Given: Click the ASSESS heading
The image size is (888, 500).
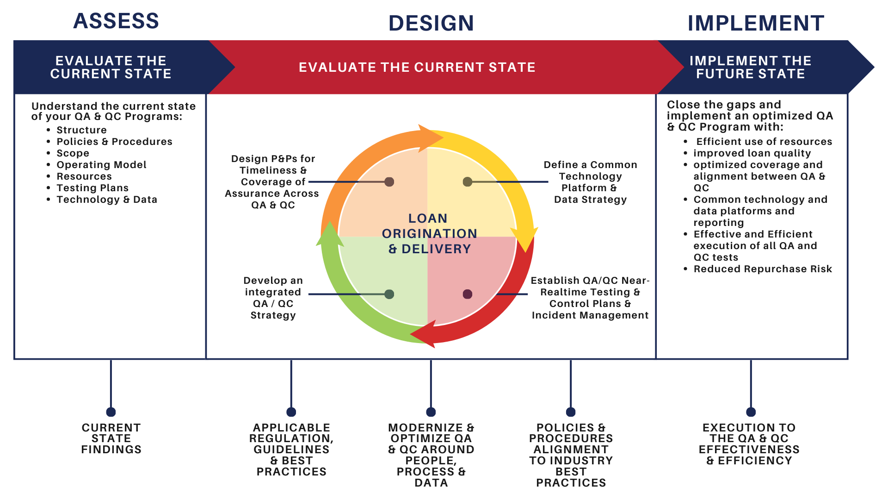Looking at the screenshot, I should [116, 21].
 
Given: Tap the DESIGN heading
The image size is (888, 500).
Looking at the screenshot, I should [431, 23].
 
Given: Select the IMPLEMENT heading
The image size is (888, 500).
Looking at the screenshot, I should [756, 23].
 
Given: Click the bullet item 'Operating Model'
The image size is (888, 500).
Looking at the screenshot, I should [101, 165].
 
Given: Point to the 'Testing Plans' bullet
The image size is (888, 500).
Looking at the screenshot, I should [92, 188].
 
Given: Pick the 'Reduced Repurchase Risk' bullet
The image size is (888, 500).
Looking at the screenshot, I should [763, 269].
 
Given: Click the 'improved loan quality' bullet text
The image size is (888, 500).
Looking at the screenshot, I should [752, 153].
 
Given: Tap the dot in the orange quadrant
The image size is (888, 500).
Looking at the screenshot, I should [389, 182].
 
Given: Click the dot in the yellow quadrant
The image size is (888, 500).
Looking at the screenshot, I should [468, 182].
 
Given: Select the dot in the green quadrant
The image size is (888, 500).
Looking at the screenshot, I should [389, 294].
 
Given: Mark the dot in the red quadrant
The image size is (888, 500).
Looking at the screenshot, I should [468, 294].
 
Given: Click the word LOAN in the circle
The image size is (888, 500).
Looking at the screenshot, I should [428, 219].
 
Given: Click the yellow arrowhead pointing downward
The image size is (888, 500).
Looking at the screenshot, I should [525, 238].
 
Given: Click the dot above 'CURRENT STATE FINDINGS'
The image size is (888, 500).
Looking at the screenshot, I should [111, 412].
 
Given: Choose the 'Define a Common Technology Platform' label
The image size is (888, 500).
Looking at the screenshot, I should [590, 182].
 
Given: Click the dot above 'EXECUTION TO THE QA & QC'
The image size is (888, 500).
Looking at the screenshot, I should [751, 412].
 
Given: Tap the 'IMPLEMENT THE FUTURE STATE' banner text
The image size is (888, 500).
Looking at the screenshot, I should [750, 67].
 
